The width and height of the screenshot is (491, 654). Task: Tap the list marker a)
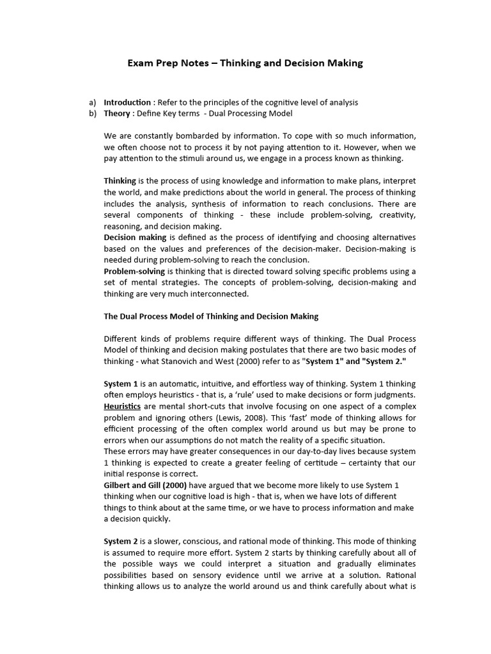pos(93,102)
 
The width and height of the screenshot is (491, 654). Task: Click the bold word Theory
pos(118,113)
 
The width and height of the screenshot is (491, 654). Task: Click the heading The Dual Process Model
pos(211,316)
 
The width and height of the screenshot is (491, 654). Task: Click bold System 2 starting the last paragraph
pos(121,542)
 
